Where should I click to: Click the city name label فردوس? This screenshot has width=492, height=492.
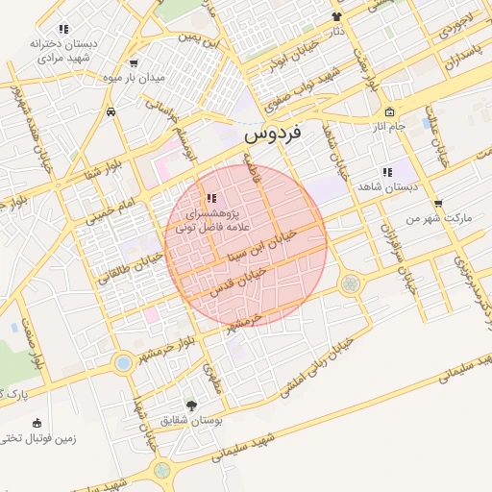pos(272,135)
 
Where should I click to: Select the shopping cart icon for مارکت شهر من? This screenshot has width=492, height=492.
pos(439,204)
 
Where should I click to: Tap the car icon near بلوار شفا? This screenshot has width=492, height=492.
pos(112,111)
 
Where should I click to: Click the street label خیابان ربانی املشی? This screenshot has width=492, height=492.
pos(318,365)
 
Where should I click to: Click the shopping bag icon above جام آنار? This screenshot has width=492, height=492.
pos(388,111)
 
